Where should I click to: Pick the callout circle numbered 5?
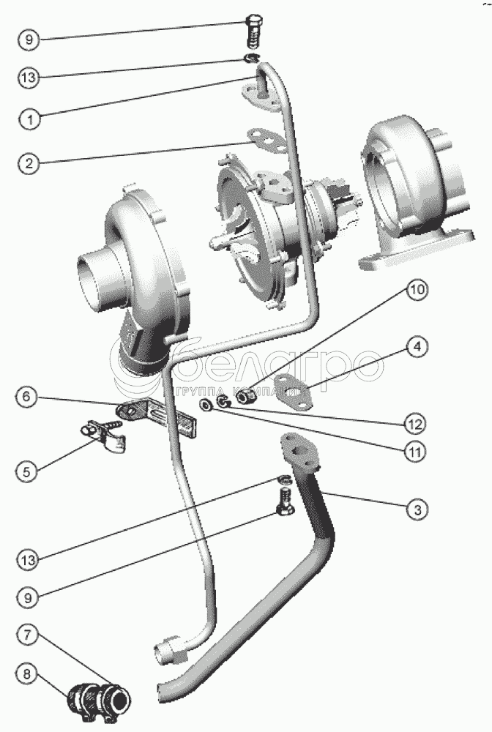coord(28,472)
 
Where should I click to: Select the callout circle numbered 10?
coord(416,291)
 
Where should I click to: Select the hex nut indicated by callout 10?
coord(246,395)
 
